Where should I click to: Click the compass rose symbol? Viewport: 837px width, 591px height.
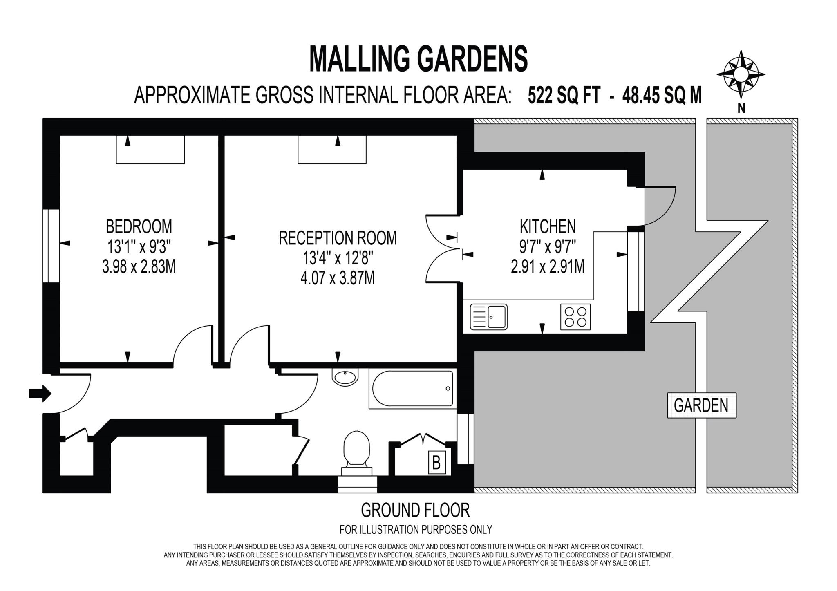741,75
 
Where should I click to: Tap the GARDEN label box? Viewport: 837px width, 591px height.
701,405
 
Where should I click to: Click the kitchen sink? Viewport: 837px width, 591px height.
488,317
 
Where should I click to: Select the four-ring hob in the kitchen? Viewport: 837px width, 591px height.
575,317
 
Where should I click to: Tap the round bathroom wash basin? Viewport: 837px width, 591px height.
346,376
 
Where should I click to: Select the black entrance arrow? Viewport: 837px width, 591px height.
40,394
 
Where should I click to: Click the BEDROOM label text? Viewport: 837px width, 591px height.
139,226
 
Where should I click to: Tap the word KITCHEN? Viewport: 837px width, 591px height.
548,226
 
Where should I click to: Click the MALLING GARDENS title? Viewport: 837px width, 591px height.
418,59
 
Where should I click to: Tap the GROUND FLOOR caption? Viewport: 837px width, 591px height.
415,510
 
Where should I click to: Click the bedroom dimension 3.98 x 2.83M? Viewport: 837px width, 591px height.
139,267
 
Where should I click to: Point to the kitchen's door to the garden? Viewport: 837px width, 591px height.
658,206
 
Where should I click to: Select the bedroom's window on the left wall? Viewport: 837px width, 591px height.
51,246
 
